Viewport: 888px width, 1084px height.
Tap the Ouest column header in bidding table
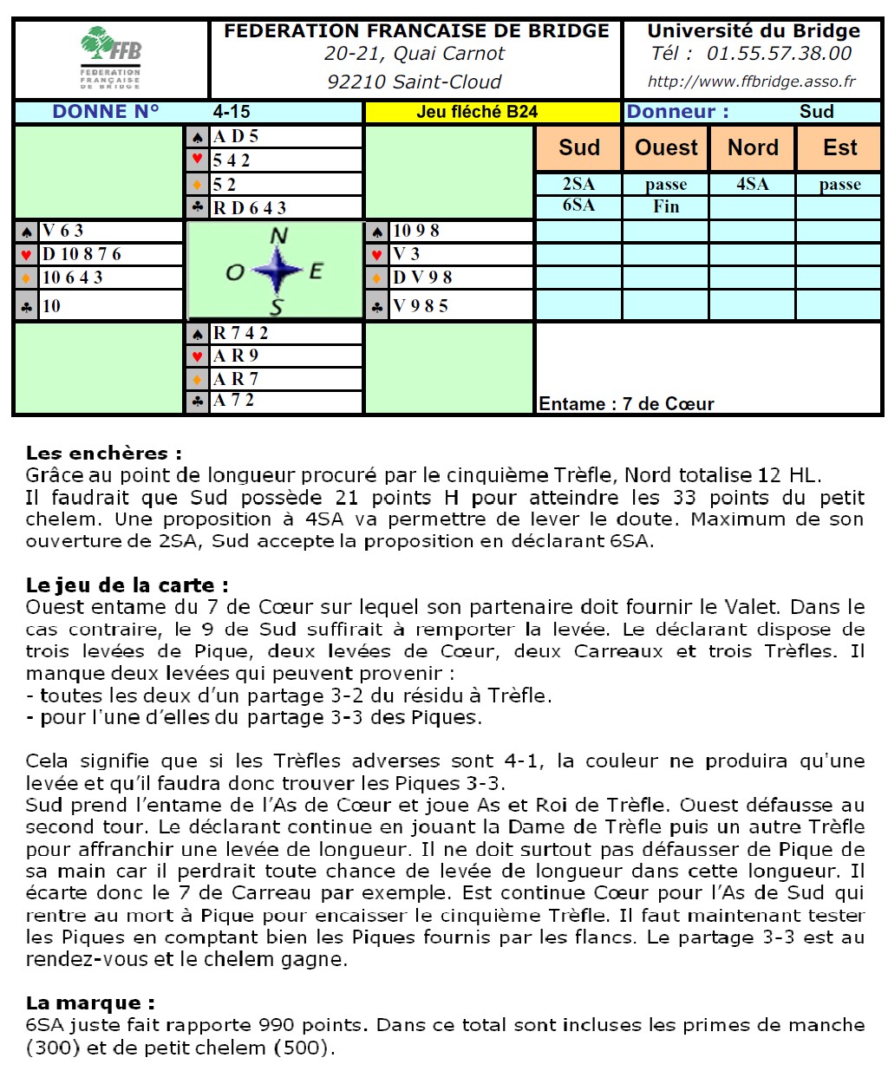click(666, 147)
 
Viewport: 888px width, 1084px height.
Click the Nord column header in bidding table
click(753, 147)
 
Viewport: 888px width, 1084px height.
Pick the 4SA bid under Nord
click(752, 184)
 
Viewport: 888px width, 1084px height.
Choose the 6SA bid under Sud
click(578, 206)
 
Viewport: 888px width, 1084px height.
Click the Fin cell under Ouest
click(666, 206)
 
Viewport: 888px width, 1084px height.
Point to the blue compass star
click(277, 271)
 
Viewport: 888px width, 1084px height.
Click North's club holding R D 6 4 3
click(250, 208)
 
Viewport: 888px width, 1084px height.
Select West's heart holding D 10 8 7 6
click(82, 254)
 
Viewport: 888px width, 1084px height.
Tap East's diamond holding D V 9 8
click(422, 278)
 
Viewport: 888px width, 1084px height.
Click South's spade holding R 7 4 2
click(241, 333)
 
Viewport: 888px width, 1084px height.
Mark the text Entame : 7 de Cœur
click(626, 404)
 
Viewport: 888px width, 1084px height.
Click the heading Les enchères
click(104, 453)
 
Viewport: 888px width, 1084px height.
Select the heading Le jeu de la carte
click(127, 584)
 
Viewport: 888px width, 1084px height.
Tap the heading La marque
click(90, 1002)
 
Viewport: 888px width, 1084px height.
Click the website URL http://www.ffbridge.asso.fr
click(751, 82)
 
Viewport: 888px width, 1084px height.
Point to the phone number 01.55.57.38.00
click(779, 54)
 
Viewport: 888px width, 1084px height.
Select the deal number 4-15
click(232, 112)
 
